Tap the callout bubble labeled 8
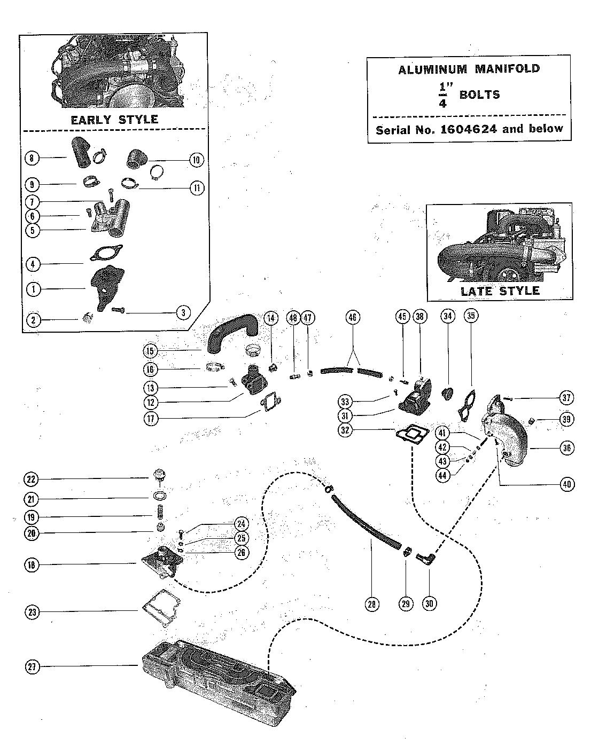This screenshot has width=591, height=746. click(x=32, y=159)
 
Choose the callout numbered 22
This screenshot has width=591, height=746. click(x=31, y=479)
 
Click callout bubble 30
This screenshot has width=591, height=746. click(x=430, y=603)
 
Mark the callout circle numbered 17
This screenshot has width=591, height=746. click(x=151, y=419)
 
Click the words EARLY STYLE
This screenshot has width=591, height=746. click(x=114, y=120)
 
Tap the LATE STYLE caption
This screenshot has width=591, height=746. click(x=500, y=291)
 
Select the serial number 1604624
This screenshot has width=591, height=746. click(x=468, y=129)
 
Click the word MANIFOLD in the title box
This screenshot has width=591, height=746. click(x=507, y=69)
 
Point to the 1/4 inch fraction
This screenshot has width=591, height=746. click(x=443, y=95)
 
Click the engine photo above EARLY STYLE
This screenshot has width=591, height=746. click(x=118, y=72)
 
